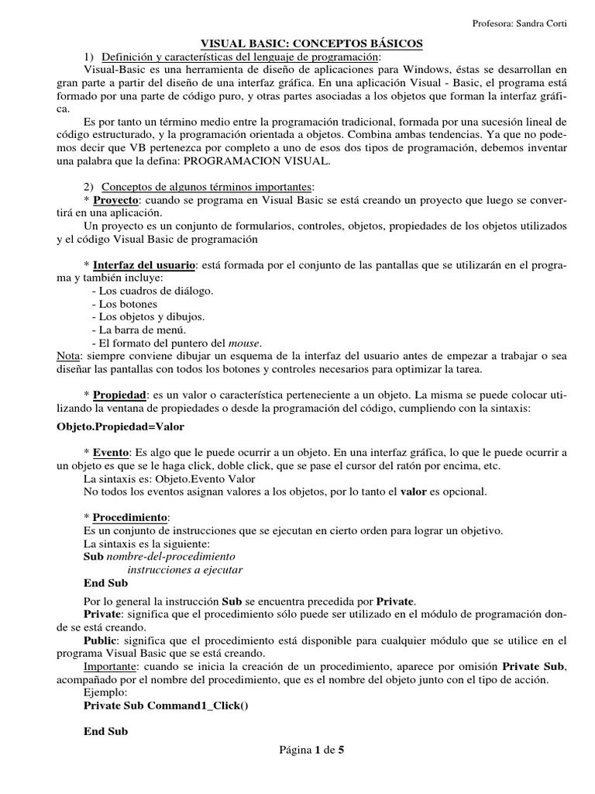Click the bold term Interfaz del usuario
pyautogui.click(x=143, y=265)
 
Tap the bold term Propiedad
pyautogui.click(x=122, y=395)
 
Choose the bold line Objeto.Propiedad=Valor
pyautogui.click(x=122, y=426)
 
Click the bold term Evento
pyautogui.click(x=111, y=453)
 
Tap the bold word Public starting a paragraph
pyautogui.click(x=99, y=640)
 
